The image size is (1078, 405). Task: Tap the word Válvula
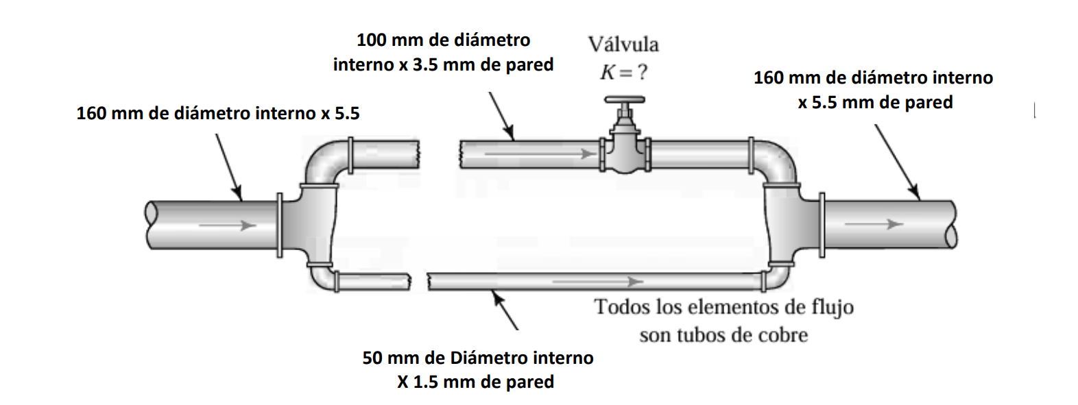(623, 45)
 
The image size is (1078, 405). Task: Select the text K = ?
(623, 72)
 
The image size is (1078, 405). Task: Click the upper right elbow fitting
(779, 160)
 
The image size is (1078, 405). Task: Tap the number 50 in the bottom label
(372, 358)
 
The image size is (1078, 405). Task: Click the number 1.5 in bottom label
(425, 382)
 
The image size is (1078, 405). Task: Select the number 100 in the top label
(371, 40)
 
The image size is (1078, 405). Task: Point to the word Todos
(621, 307)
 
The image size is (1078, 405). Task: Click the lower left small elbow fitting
(322, 277)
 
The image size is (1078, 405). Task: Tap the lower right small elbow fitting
(778, 276)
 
